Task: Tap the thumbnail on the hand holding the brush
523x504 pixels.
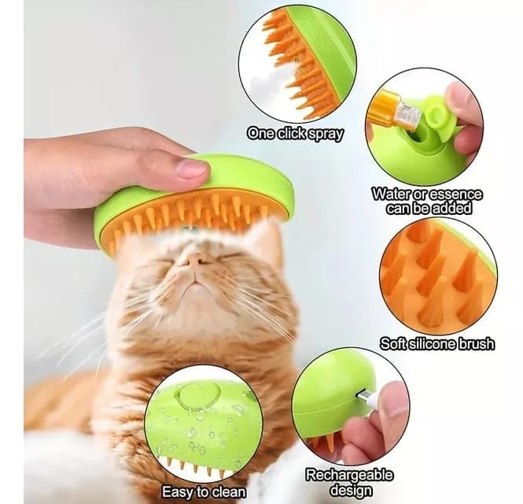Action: click(191, 167)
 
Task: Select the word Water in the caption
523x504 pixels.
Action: click(392, 194)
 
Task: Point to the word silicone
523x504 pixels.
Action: click(433, 343)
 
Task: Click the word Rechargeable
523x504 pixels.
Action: click(349, 475)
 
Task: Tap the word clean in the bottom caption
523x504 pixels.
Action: click(229, 492)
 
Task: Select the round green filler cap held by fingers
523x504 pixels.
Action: click(439, 113)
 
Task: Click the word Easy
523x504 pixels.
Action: click(178, 492)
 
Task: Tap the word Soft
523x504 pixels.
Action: click(393, 343)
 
